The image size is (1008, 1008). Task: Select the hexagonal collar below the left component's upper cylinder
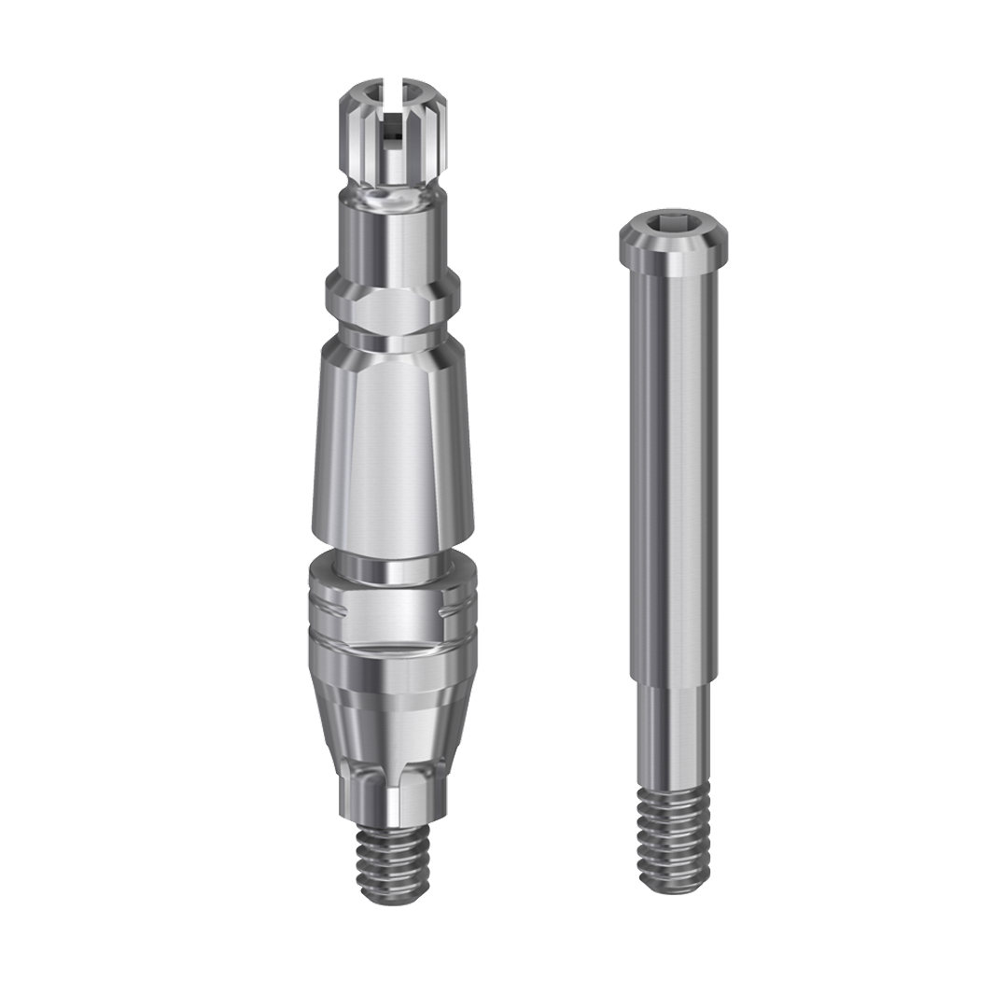(x=392, y=299)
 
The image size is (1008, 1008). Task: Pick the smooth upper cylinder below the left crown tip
(x=392, y=243)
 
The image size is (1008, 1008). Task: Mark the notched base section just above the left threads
(x=392, y=789)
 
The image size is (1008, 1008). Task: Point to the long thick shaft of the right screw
(x=672, y=467)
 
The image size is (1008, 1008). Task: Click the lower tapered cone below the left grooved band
(x=392, y=709)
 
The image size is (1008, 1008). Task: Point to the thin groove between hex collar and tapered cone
(x=392, y=332)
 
